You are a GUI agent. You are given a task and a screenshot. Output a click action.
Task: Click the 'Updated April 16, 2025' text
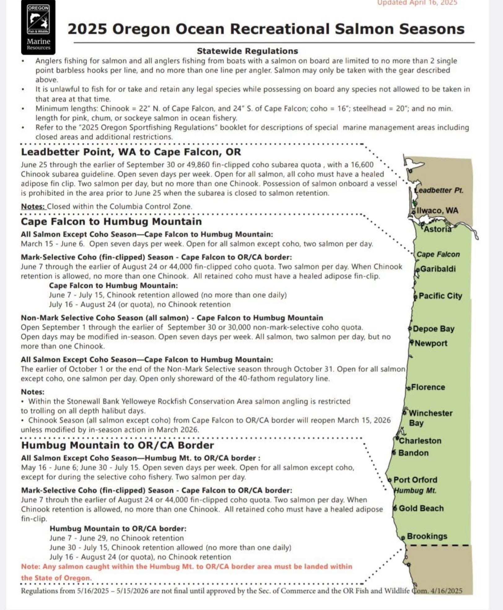pyautogui.click(x=417, y=3)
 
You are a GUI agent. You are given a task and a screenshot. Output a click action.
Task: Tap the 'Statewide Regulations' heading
pyautogui.click(x=247, y=51)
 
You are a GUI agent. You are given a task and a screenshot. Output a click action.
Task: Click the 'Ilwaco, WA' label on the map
pyautogui.click(x=437, y=210)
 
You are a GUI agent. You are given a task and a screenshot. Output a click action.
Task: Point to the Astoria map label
pyautogui.click(x=437, y=229)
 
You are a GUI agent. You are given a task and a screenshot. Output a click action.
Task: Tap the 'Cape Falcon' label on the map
pyautogui.click(x=438, y=254)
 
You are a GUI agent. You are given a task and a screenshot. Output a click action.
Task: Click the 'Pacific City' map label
pyautogui.click(x=440, y=296)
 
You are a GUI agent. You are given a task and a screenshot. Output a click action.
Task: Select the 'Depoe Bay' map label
pyautogui.click(x=433, y=329)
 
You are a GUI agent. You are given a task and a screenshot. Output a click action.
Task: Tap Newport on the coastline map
pyautogui.click(x=431, y=343)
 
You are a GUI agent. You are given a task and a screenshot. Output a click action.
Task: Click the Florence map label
pyautogui.click(x=428, y=387)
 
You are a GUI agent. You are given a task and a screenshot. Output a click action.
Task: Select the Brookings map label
pyautogui.click(x=427, y=536)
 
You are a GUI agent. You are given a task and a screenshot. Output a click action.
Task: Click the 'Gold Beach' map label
pyautogui.click(x=421, y=508)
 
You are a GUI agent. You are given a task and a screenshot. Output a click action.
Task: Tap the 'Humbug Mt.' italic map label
pyautogui.click(x=415, y=491)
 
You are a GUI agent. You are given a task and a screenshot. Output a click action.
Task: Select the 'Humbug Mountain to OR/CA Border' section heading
pyautogui.click(x=117, y=445)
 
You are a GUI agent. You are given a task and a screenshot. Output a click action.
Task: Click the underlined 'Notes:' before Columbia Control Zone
pyautogui.click(x=33, y=206)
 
